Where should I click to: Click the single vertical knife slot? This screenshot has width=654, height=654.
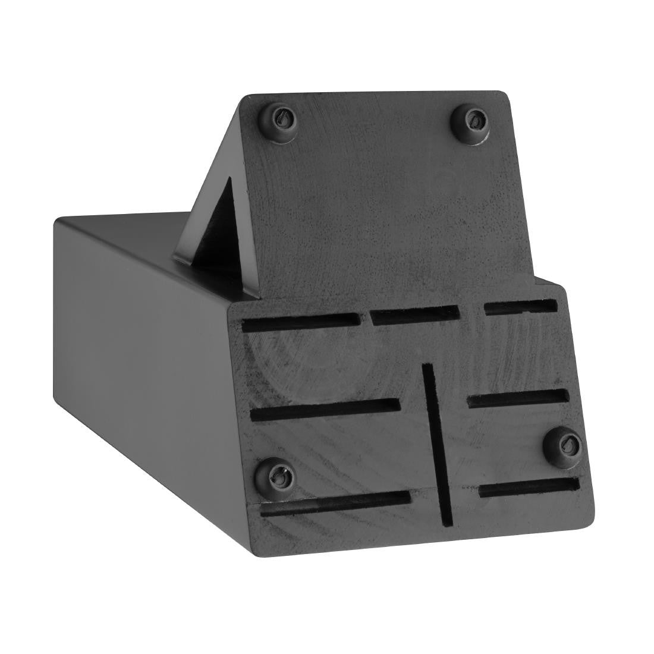(x=438, y=445)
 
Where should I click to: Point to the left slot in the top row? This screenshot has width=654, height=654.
(x=301, y=322)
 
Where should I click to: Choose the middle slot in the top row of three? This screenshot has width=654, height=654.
(x=414, y=315)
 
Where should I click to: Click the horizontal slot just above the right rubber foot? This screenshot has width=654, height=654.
(x=518, y=398)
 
